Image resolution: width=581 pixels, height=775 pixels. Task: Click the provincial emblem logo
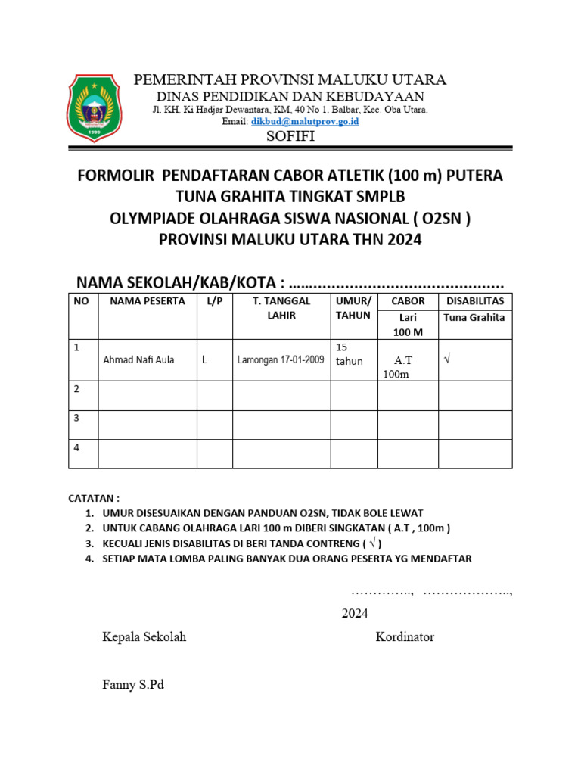tap(95, 107)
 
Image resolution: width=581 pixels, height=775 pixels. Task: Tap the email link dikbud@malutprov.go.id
tap(305, 121)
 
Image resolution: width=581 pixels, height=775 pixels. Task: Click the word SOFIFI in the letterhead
tap(290, 136)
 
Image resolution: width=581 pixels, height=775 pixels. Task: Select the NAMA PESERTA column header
tap(148, 301)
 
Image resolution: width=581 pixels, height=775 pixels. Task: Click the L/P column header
tap(214, 301)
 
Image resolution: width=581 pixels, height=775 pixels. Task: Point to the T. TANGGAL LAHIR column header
tap(281, 308)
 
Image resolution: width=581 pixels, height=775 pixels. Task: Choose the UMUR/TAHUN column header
tap(353, 308)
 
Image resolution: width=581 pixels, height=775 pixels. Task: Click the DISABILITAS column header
tap(475, 301)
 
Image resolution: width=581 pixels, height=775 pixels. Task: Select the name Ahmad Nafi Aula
tap(138, 359)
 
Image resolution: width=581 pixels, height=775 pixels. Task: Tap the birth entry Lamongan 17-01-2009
tap(281, 359)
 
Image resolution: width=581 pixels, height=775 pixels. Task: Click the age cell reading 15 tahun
tap(350, 353)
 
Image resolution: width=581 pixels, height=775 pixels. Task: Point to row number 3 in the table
tap(76, 417)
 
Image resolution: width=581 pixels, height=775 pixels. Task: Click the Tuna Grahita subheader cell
tap(474, 318)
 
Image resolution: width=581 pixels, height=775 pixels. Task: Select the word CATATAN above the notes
tap(94, 498)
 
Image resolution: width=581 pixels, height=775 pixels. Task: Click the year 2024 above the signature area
tap(354, 613)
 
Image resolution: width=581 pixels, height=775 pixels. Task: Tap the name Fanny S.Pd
tap(133, 685)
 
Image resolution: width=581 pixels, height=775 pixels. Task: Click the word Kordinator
tap(405, 637)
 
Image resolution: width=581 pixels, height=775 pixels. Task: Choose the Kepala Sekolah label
tap(144, 637)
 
